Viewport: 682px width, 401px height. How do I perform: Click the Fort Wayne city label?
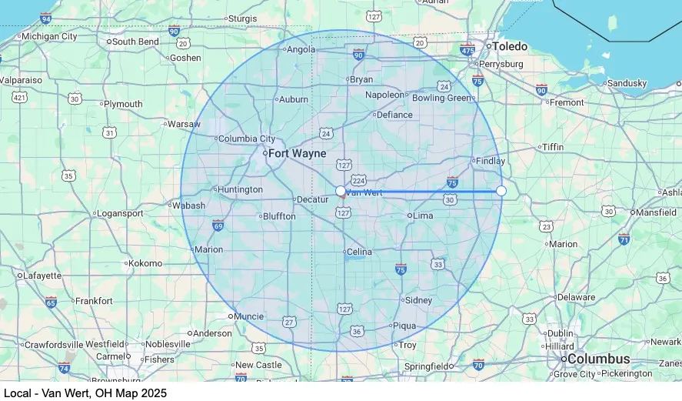click(298, 153)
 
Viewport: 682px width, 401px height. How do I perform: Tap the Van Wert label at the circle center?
click(364, 192)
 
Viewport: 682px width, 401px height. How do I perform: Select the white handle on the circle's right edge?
click(501, 190)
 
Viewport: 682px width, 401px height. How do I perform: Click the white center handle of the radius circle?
click(341, 190)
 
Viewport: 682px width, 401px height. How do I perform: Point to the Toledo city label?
click(510, 46)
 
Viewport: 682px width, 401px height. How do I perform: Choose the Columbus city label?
click(599, 359)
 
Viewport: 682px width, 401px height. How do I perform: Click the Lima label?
click(424, 216)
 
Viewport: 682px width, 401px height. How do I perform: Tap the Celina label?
click(359, 252)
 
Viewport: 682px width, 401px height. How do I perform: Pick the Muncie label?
click(249, 316)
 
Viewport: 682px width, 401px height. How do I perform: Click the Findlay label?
click(491, 161)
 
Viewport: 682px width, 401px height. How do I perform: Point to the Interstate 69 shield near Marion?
click(218, 225)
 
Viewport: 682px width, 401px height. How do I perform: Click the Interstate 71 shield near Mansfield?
click(624, 239)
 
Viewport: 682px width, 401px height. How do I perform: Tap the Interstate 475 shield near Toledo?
click(467, 50)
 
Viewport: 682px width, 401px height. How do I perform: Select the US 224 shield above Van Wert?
click(358, 180)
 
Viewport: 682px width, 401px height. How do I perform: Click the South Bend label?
click(135, 42)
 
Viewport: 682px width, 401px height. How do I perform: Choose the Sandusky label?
click(627, 83)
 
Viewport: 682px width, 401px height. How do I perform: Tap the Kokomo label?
click(145, 263)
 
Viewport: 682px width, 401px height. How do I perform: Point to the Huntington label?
click(240, 189)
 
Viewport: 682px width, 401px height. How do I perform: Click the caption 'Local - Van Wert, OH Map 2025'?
click(85, 393)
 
